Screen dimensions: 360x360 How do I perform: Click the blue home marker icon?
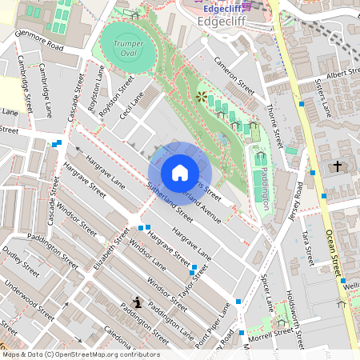pos(180,172)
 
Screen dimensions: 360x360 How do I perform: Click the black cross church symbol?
pos(338,166)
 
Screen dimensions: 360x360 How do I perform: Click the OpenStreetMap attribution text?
pos(81,354)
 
